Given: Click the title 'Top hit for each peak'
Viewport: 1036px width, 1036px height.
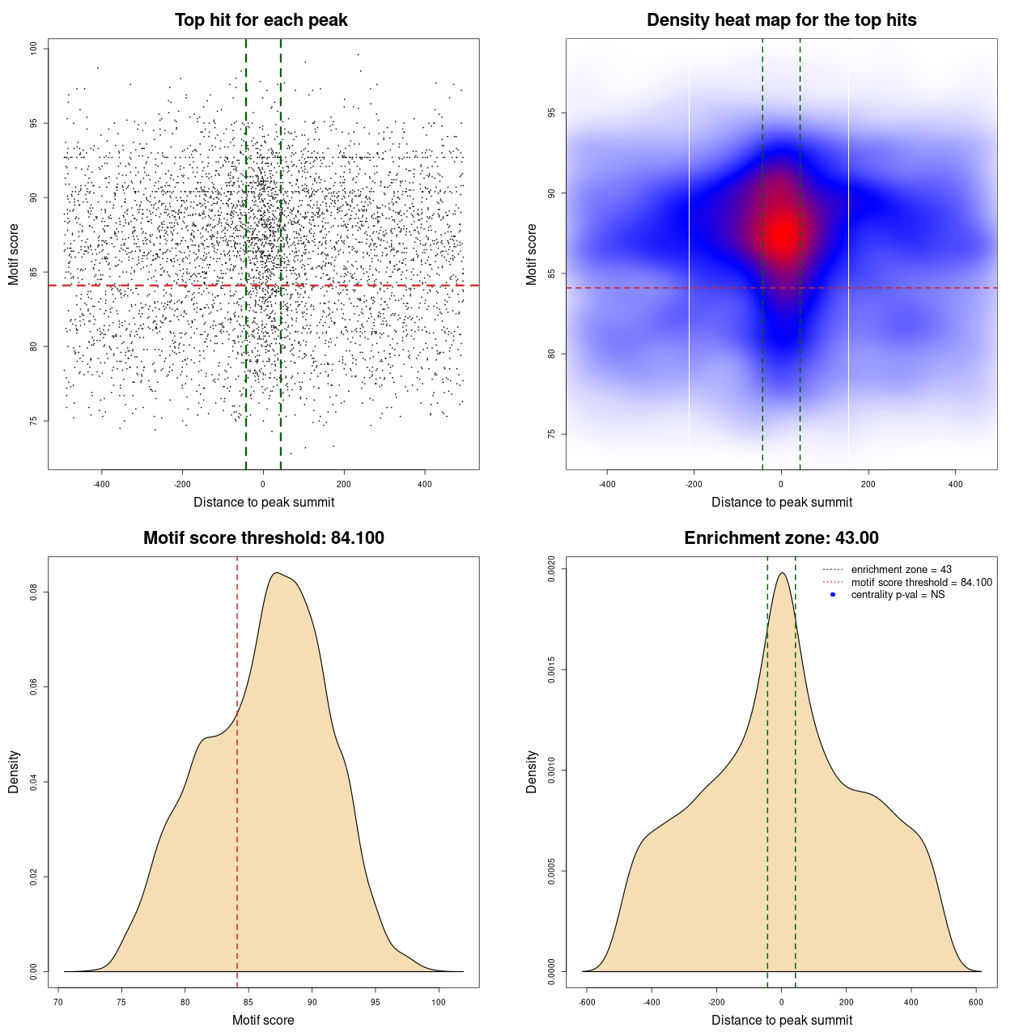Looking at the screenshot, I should click(x=261, y=20).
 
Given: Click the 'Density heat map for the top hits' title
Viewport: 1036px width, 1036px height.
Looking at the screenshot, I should click(x=781, y=20).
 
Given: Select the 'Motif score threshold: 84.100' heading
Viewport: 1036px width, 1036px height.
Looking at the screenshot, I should click(x=263, y=538).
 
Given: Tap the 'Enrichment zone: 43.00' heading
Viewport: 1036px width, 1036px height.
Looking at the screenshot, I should click(x=781, y=538).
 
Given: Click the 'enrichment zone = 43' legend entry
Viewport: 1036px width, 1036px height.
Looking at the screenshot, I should click(x=901, y=570).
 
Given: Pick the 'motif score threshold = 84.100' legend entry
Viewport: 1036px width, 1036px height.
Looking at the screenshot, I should click(x=921, y=583).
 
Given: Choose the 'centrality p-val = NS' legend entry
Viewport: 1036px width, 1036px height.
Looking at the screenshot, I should click(x=898, y=595).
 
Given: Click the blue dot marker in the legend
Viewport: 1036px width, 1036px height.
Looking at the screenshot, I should click(x=832, y=595).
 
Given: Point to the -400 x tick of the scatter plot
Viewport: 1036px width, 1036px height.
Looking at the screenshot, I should click(x=101, y=484).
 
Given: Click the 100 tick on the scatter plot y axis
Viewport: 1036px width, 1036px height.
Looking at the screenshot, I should click(x=34, y=49).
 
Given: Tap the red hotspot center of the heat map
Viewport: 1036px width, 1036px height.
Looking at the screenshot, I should click(x=782, y=234).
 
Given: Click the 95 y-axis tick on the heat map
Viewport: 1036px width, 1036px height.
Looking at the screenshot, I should click(x=551, y=113).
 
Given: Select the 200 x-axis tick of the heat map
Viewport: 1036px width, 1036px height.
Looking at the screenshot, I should click(x=868, y=484).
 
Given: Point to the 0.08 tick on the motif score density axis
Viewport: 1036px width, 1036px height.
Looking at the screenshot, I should click(x=34, y=592).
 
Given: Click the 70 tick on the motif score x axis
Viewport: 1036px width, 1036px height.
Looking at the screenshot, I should click(x=58, y=1002).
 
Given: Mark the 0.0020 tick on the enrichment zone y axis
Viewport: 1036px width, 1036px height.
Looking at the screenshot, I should click(x=551, y=569).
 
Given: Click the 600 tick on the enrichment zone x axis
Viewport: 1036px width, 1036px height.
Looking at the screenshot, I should click(x=975, y=1002).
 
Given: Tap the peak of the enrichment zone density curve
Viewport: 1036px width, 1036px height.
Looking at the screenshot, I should click(x=782, y=573).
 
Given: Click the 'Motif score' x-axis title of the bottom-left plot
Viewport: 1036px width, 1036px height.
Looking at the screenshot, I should click(x=263, y=1020).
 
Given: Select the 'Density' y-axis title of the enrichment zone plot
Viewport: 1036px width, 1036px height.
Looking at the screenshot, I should click(x=532, y=771).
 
